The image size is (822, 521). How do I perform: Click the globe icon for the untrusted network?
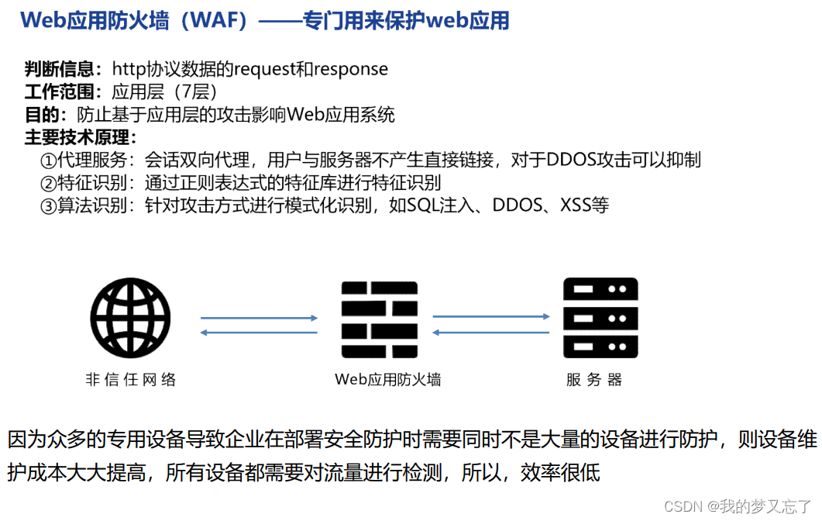pyautogui.click(x=130, y=319)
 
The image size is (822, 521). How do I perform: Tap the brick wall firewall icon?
pyautogui.click(x=380, y=319)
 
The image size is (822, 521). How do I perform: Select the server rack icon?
pyautogui.click(x=600, y=319)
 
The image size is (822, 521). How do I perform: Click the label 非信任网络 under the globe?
pyautogui.click(x=131, y=380)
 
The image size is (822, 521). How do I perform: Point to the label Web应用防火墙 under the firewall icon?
pyautogui.click(x=388, y=380)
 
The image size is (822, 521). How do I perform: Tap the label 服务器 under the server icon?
pyautogui.click(x=594, y=380)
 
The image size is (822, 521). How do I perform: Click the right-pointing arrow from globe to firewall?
pyautogui.click(x=259, y=318)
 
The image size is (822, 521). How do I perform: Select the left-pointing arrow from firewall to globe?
pyautogui.click(x=259, y=333)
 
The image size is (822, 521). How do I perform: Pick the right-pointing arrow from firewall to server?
pyautogui.click(x=491, y=316)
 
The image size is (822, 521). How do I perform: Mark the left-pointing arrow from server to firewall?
pyautogui.click(x=491, y=333)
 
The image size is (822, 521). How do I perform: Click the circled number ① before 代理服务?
pyautogui.click(x=48, y=160)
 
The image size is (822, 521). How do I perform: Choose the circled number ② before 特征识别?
pyautogui.click(x=48, y=183)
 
